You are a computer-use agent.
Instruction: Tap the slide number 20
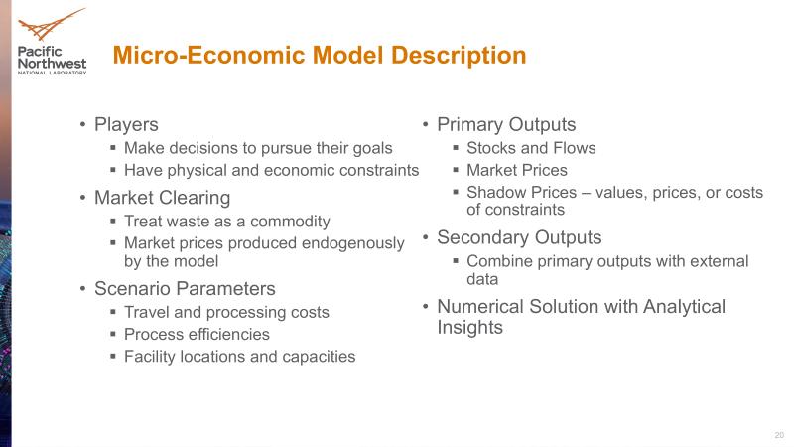click(x=779, y=435)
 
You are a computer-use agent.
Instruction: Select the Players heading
click(x=126, y=125)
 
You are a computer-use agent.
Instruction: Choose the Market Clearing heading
click(x=162, y=198)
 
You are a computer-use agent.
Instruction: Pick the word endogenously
click(x=352, y=243)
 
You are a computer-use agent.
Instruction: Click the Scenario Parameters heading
click(x=185, y=289)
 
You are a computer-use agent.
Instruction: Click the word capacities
click(x=319, y=357)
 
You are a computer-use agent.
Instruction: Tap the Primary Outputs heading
click(x=506, y=125)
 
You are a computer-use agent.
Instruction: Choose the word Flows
click(x=575, y=148)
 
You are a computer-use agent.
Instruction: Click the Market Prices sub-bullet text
click(x=517, y=170)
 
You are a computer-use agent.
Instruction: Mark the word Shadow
click(x=494, y=193)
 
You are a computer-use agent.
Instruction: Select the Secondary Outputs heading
click(x=519, y=237)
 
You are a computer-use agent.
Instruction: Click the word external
click(x=719, y=261)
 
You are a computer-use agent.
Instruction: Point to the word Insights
click(x=469, y=328)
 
